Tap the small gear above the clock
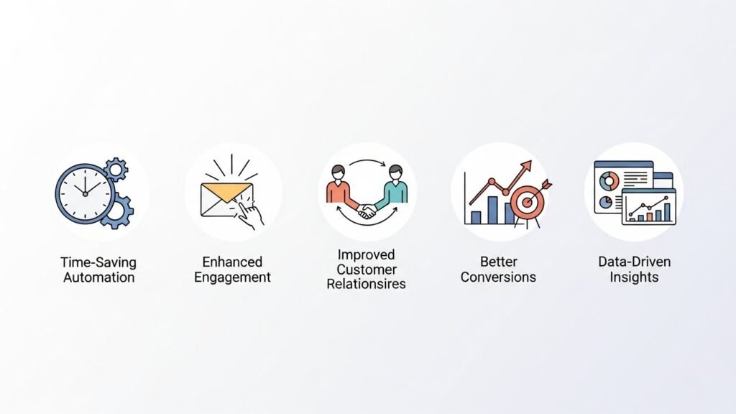click(x=115, y=170)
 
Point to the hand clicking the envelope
click(x=248, y=212)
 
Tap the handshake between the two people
click(x=367, y=212)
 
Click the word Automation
click(x=98, y=277)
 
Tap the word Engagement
click(x=232, y=277)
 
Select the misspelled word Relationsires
click(x=366, y=284)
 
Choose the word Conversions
click(x=498, y=277)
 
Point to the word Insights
click(x=634, y=277)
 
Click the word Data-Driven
click(x=634, y=262)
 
